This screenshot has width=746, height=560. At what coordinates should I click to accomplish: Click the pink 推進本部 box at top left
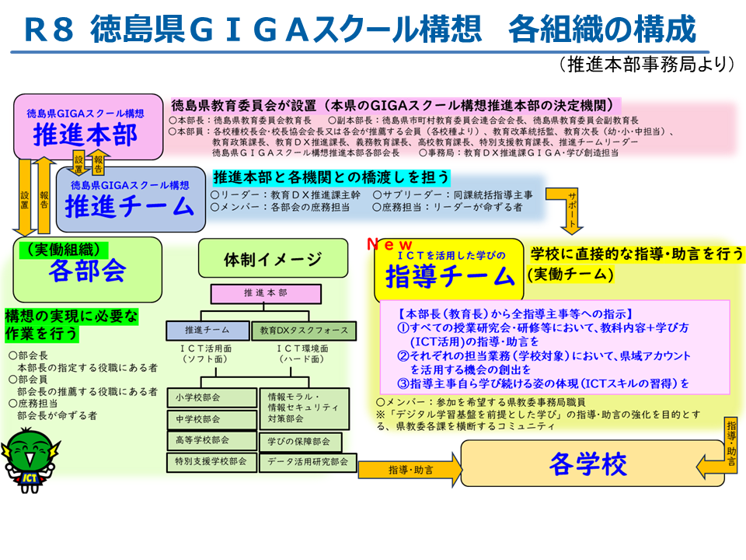click(88, 126)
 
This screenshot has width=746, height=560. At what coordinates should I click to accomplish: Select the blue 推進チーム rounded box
click(131, 200)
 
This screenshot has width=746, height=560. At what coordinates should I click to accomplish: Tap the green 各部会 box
click(88, 270)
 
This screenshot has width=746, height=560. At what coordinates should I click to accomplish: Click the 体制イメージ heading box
click(273, 258)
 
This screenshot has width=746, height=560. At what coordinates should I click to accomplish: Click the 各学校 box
click(592, 464)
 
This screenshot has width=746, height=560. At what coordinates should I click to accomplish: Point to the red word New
click(389, 245)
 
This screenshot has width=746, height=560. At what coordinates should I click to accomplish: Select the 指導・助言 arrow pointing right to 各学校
click(410, 470)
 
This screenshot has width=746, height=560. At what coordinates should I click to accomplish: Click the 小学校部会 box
click(211, 397)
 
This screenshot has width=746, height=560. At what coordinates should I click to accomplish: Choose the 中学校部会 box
click(211, 419)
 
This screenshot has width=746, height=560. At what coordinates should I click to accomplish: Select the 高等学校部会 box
click(211, 440)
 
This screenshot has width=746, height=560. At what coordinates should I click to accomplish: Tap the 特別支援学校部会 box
click(211, 462)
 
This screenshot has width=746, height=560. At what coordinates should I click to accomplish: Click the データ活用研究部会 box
click(308, 462)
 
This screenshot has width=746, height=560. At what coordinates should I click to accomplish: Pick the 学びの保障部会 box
click(301, 442)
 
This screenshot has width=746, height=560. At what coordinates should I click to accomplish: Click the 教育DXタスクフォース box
click(304, 331)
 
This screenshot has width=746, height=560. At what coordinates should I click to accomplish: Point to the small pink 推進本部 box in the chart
click(266, 294)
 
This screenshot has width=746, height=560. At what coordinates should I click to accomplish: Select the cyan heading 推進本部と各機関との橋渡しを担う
click(332, 177)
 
